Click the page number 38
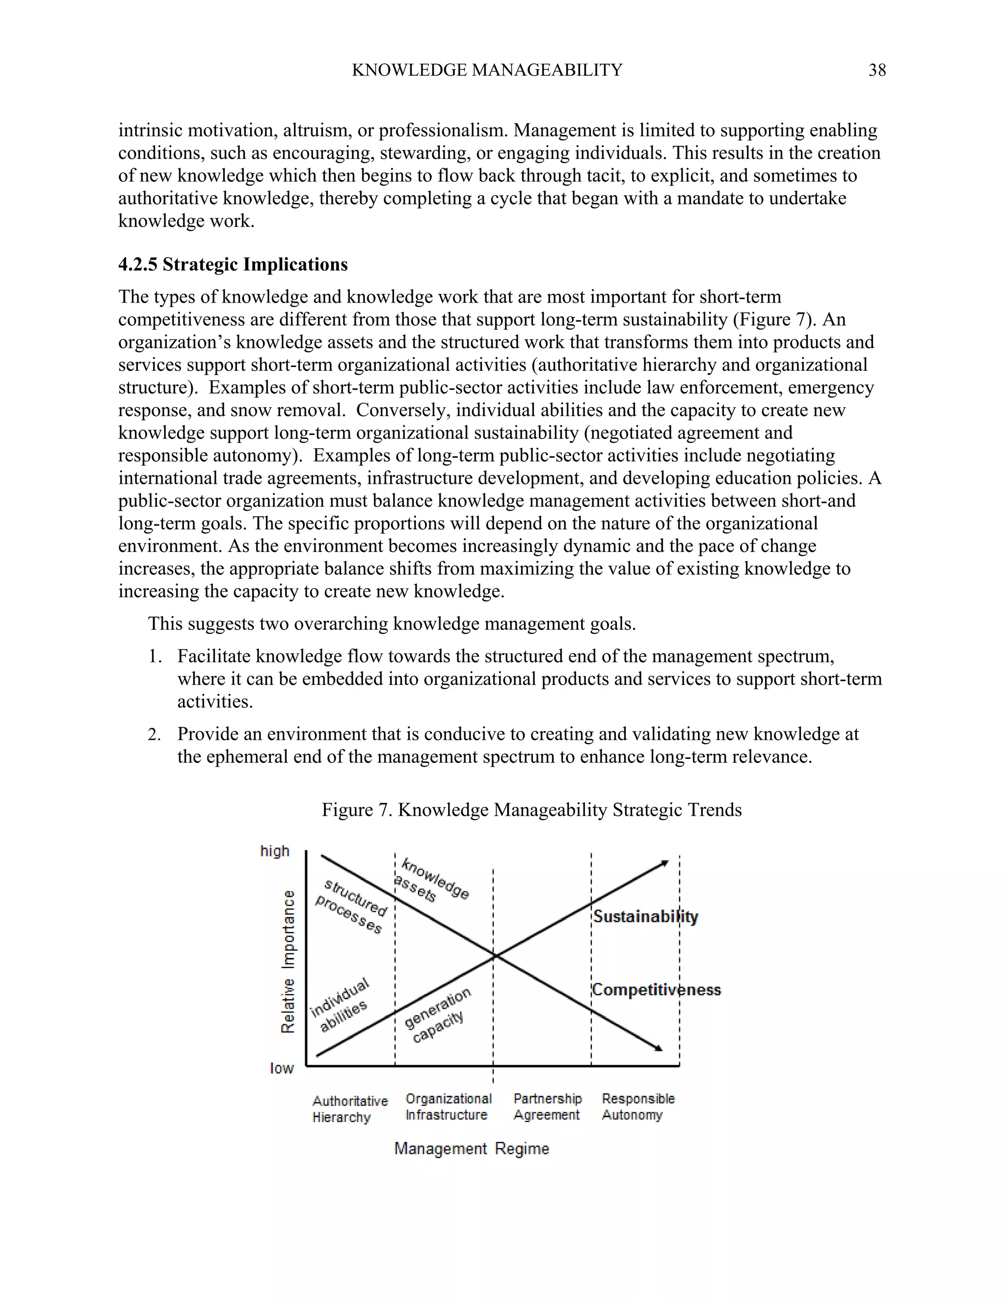pyautogui.click(x=877, y=70)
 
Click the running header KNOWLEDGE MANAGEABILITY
pyautogui.click(x=486, y=70)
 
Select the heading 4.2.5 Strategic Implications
pyautogui.click(x=233, y=264)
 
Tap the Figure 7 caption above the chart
pyautogui.click(x=531, y=809)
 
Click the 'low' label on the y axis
pyautogui.click(x=281, y=1068)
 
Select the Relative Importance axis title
pyautogui.click(x=288, y=962)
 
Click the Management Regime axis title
pyautogui.click(x=471, y=1148)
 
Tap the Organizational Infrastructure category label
pyautogui.click(x=449, y=1107)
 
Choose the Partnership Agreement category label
pyautogui.click(x=547, y=1107)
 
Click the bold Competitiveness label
pyautogui.click(x=656, y=990)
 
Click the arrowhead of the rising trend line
pyautogui.click(x=665, y=862)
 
